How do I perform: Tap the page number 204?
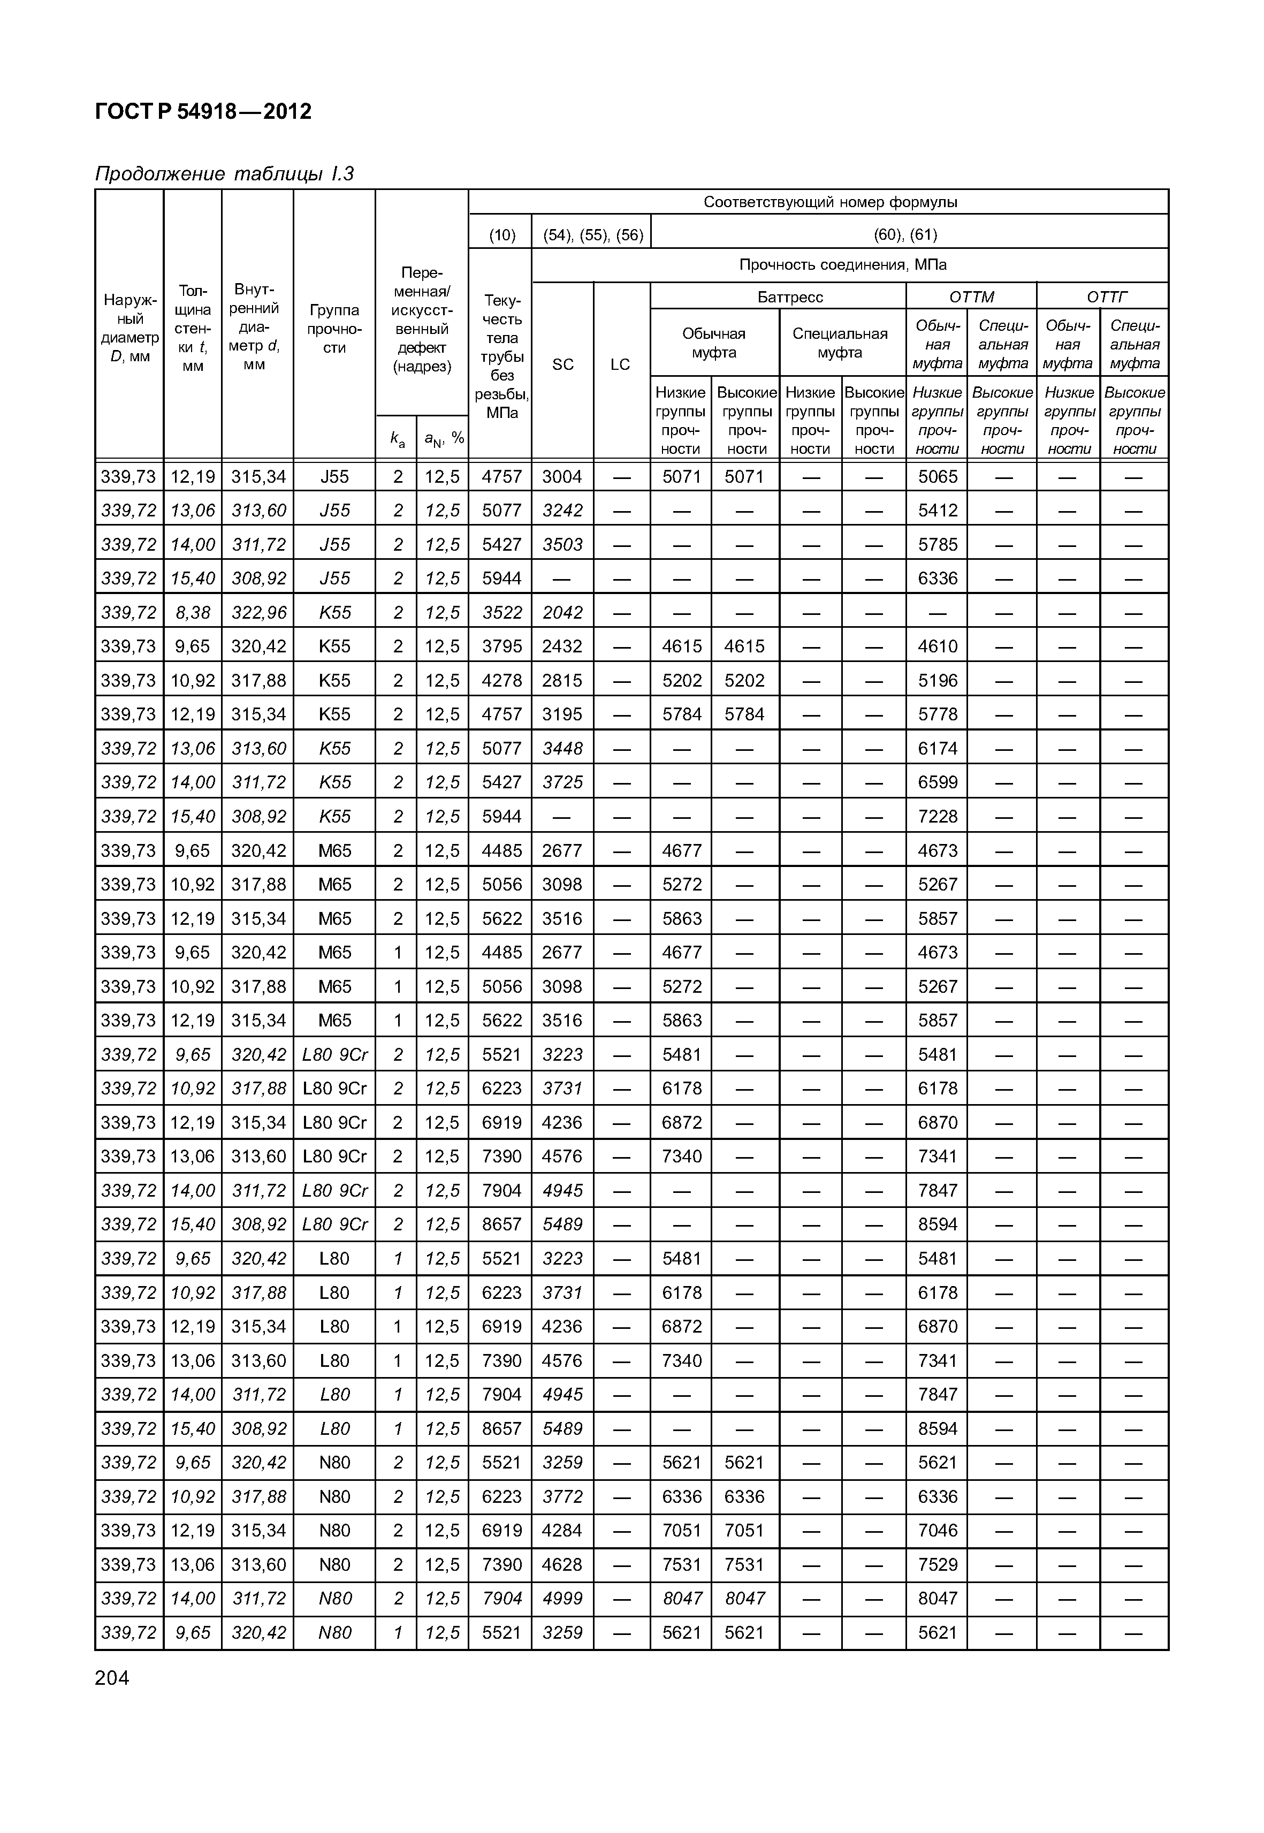coord(112,1678)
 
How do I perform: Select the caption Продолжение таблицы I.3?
coord(224,173)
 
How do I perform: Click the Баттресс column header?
coord(790,297)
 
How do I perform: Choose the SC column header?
coord(562,364)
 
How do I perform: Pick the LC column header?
coord(620,364)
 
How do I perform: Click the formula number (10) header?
coord(502,234)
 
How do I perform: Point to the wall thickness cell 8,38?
coord(193,612)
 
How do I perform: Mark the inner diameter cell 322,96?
coord(258,612)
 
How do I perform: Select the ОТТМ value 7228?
coord(938,817)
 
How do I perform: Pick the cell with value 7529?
coord(938,1564)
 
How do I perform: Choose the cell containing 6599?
coord(938,782)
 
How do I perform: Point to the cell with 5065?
coord(938,477)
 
